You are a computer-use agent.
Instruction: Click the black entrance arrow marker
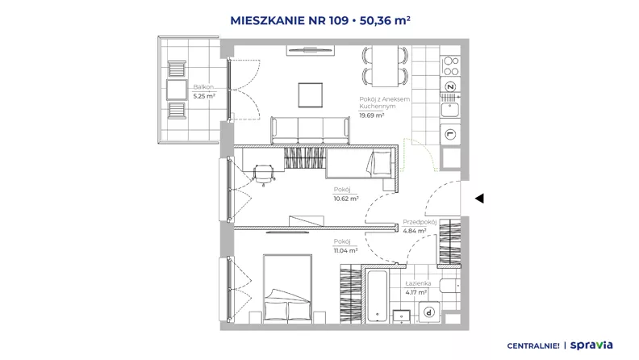coord(480,199)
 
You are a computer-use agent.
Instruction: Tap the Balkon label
coord(203,87)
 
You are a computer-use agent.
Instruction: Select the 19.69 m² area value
coord(372,115)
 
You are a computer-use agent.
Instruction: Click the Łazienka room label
coord(418,283)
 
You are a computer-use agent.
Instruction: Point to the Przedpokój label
coord(420,222)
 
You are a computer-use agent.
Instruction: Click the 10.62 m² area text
coord(346,199)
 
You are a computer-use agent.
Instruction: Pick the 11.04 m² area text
coord(345,251)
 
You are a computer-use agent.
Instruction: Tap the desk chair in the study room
coord(264,174)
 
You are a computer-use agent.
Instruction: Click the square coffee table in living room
coord(311,95)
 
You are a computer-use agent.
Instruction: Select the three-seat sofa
coord(310,130)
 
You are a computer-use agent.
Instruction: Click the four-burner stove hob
coord(451,66)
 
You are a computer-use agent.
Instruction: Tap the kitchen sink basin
coord(450,110)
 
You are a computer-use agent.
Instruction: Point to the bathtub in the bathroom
coord(377,295)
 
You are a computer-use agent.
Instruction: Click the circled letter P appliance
coord(428,312)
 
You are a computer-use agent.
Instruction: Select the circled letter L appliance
coord(450,134)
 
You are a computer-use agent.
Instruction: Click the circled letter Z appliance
coord(450,86)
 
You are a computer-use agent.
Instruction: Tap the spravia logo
coord(591,345)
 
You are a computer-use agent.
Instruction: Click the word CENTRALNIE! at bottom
coord(533,345)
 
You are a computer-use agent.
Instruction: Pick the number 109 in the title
coord(339,20)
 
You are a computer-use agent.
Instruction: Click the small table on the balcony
coord(177,90)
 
